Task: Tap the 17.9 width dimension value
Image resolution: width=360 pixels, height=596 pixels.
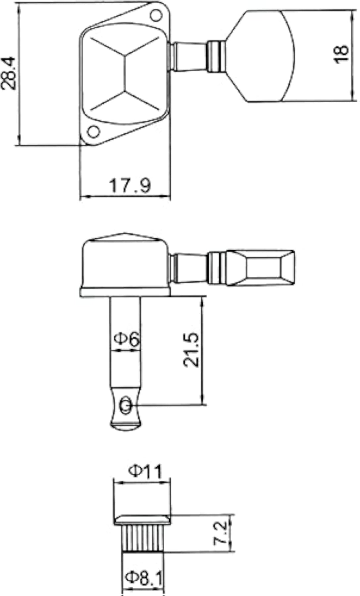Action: coord(130,186)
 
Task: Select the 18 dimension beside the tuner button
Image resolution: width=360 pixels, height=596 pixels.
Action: coord(341,54)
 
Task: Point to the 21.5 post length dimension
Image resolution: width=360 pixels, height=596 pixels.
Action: coord(191,350)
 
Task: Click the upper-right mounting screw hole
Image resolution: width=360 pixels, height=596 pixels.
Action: coord(155,15)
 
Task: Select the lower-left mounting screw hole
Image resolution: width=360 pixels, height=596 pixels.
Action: coord(93,131)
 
